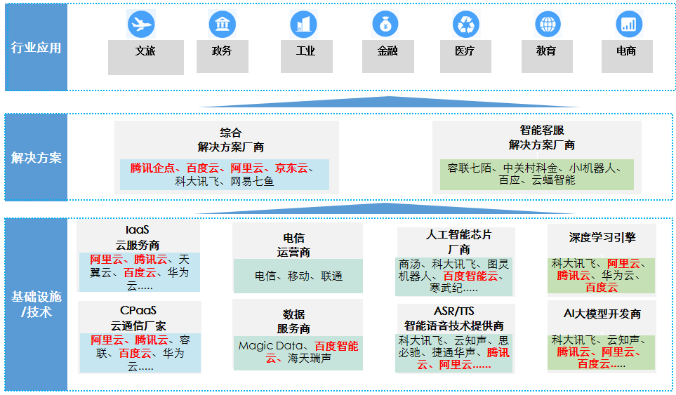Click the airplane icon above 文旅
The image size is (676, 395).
[x=141, y=25]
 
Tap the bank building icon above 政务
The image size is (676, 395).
[x=222, y=25]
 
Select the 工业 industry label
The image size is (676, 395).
[x=306, y=51]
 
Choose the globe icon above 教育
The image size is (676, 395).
[x=546, y=25]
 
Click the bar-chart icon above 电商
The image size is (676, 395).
[x=628, y=25]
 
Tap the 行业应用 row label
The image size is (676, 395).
[x=37, y=48]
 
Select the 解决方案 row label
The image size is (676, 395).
[x=37, y=158]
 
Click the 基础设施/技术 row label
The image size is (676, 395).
[x=37, y=304]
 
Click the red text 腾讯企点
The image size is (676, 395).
[x=152, y=168]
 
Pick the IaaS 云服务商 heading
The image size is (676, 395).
[x=138, y=237]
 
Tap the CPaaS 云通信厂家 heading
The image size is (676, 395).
[x=138, y=318]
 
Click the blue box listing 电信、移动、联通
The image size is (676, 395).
[x=298, y=276]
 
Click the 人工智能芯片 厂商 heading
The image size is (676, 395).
[x=459, y=241]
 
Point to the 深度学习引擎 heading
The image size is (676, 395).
[x=602, y=238]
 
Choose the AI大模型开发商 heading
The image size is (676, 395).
[x=602, y=314]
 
